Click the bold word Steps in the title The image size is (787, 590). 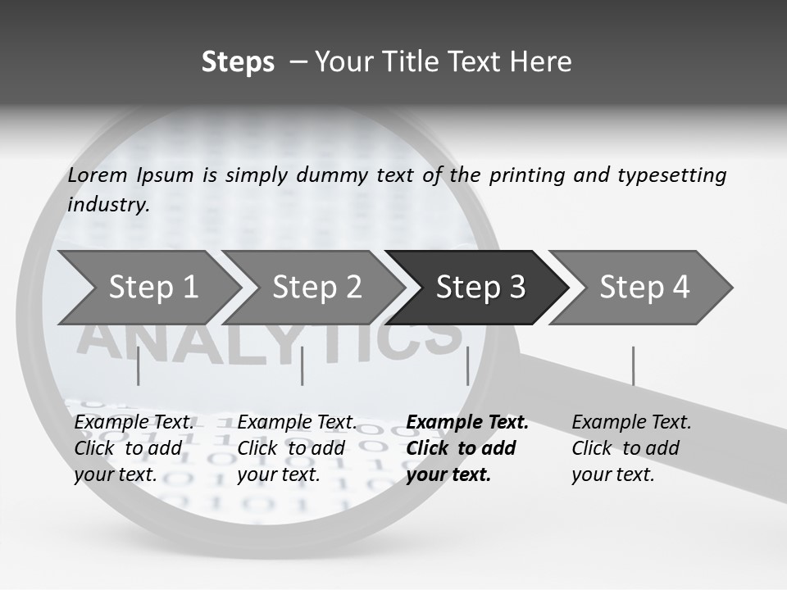coord(238,61)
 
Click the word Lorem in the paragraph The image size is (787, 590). coord(98,175)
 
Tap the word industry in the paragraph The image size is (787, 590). coord(108,204)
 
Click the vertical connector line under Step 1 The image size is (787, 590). coord(139,365)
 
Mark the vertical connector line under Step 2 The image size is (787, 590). coord(303,365)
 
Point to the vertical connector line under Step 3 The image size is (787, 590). coord(468,365)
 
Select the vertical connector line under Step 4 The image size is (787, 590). coord(633,365)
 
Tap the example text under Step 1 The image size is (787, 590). coord(133,448)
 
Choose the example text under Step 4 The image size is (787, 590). coord(630,448)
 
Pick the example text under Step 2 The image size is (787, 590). coord(296,448)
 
